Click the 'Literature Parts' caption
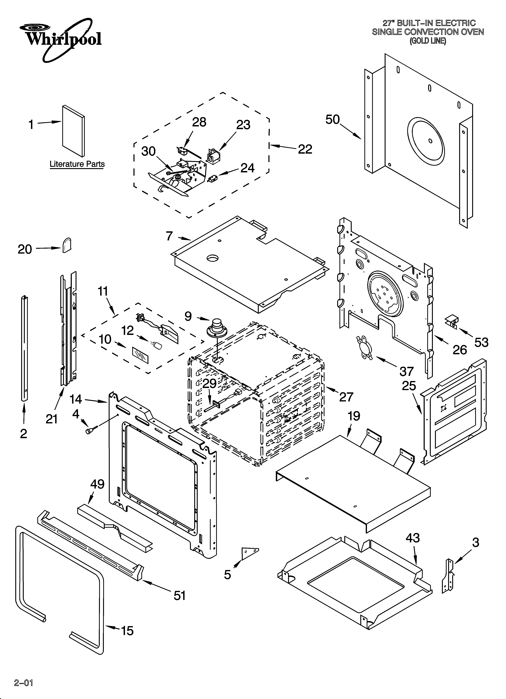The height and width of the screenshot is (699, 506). click(77, 164)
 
